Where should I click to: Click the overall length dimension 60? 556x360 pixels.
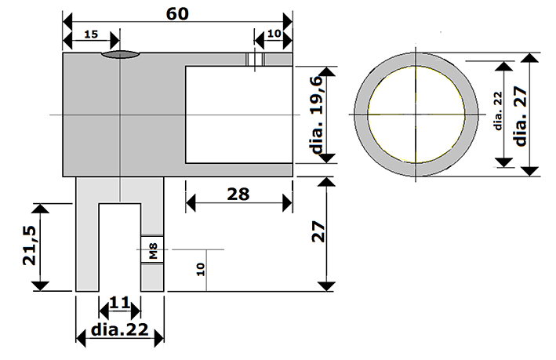point(177,14)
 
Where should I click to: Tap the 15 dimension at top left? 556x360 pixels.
point(91,35)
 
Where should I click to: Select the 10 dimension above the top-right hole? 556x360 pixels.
point(274,34)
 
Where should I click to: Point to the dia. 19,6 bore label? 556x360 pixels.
point(317,115)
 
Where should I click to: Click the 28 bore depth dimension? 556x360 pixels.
point(238,195)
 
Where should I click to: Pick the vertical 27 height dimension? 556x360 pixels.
point(318,231)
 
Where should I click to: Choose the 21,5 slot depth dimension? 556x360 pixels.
point(30,245)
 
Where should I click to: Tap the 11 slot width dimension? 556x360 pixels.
point(120,304)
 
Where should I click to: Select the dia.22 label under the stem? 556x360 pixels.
point(119,330)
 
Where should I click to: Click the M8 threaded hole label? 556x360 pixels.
point(153,251)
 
